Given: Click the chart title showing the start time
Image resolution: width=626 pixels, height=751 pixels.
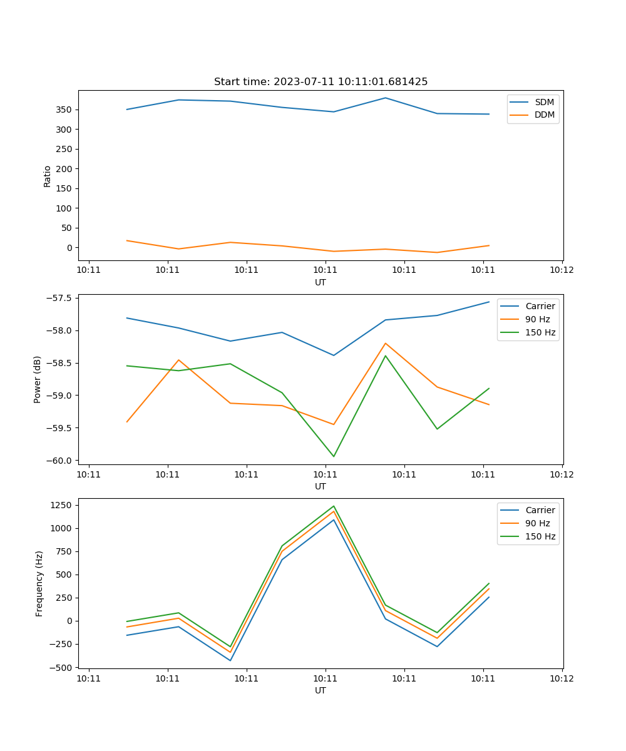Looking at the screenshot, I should point(321,82).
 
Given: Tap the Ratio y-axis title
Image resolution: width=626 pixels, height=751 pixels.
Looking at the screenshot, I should point(48,176).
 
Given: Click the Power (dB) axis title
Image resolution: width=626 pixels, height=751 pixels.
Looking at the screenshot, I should point(38,379).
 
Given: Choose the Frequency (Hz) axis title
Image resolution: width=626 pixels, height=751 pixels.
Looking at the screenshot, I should point(39,583).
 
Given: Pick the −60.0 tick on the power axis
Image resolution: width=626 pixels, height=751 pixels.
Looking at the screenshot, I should point(58,461).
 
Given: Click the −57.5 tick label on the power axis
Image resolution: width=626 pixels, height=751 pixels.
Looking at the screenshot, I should point(58,298).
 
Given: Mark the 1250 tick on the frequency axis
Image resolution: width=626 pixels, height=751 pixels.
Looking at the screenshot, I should point(61,505).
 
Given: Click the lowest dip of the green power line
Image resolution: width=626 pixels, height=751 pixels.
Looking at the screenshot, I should point(334,456).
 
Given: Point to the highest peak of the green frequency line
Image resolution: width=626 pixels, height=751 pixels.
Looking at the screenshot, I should point(334,506).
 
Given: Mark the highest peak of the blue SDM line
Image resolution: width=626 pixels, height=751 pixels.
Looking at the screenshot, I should point(386,98).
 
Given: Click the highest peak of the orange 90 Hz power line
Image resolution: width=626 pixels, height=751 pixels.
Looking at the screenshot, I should point(386,343).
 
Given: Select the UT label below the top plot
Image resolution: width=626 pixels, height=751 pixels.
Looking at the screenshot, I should point(321,282).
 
